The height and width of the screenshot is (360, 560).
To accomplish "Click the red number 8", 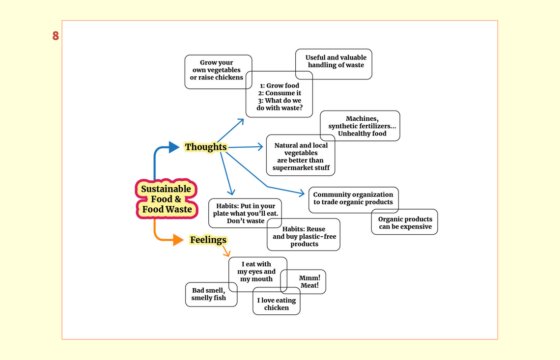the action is click(x=56, y=36).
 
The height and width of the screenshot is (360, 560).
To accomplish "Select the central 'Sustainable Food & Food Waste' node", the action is click(x=167, y=199).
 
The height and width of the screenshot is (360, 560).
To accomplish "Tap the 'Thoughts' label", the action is click(x=206, y=147).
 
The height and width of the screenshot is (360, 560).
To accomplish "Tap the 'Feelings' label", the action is click(x=208, y=240).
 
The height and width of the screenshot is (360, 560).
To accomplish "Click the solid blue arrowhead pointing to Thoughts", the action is click(x=173, y=147).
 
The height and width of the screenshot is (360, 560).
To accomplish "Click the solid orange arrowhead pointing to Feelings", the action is click(x=178, y=240).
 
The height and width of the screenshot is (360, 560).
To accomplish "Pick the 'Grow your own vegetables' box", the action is click(x=218, y=72).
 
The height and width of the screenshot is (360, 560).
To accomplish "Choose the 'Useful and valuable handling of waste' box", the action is click(x=334, y=64).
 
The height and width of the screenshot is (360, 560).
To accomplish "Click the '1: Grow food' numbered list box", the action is click(x=280, y=94).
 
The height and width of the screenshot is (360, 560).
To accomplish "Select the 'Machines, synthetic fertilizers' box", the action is click(x=360, y=126).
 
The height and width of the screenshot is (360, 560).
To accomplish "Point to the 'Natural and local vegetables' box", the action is click(x=301, y=155).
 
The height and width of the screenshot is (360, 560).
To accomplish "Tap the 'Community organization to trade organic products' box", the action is click(x=354, y=200).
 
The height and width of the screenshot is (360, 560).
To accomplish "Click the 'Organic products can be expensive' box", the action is click(x=405, y=222).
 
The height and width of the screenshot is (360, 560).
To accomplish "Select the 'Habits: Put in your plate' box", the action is click(x=245, y=213).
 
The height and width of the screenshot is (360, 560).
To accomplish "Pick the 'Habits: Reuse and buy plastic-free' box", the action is click(x=304, y=235).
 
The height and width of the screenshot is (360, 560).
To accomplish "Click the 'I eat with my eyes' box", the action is click(x=258, y=274).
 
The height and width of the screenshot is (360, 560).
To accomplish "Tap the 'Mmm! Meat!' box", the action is click(x=303, y=282).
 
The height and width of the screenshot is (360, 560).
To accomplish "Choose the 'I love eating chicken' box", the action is click(x=277, y=301).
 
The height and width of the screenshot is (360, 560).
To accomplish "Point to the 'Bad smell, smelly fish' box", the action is click(x=211, y=294).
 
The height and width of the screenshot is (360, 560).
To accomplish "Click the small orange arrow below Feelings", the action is click(x=226, y=251).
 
